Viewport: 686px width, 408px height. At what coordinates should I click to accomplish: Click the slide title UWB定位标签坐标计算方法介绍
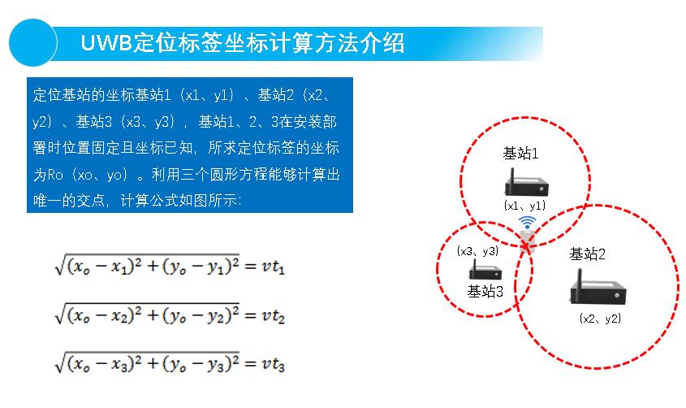pos(243,43)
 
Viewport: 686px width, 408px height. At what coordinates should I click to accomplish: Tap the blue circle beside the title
pos(32,43)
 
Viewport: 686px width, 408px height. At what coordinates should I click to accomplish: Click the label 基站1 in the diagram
pos(520,154)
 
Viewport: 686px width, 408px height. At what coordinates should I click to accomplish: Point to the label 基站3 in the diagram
pos(485,291)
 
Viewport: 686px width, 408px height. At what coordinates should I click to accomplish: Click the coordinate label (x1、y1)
pos(524,206)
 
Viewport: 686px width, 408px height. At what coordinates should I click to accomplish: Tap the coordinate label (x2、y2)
pos(600,319)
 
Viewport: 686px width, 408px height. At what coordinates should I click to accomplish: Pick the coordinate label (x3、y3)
pos(477,251)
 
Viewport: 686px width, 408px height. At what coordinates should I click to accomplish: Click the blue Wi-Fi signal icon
pos(528,222)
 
